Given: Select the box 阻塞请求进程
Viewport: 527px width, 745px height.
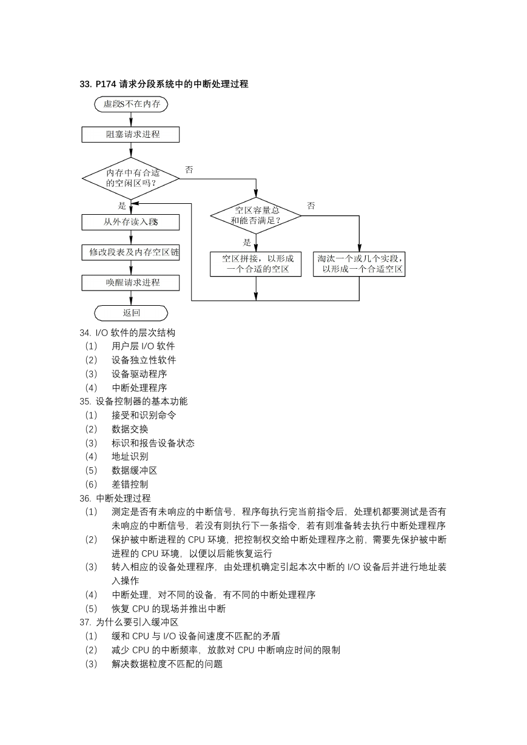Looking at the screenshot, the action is (x=130, y=134).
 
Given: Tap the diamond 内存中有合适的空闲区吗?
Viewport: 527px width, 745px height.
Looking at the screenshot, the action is (x=130, y=178).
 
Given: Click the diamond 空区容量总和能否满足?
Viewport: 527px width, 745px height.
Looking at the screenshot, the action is (x=256, y=215).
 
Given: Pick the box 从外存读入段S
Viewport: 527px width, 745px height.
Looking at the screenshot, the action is (x=130, y=222).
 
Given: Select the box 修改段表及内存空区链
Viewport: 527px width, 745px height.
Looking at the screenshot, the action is (x=130, y=252).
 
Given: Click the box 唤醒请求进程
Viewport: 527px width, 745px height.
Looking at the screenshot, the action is (x=130, y=283).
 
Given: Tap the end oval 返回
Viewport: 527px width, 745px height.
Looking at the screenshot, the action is (x=131, y=313).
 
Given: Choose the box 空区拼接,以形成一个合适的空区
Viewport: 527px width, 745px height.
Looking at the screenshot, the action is (x=256, y=264).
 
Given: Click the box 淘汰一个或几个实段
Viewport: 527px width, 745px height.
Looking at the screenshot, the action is (x=359, y=264).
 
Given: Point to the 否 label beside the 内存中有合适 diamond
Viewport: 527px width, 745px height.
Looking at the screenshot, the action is (x=189, y=170).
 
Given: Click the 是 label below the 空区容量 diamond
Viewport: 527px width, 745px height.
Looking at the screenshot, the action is (x=247, y=242).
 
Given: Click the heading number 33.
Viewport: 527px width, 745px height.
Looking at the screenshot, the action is (x=86, y=84).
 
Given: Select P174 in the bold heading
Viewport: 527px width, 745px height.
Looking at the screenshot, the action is (x=106, y=84).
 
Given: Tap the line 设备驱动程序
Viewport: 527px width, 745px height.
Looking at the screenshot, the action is (x=139, y=374).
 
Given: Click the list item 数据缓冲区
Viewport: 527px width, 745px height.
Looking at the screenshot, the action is (x=134, y=470).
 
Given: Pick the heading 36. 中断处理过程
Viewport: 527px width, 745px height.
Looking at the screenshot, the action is (x=115, y=498).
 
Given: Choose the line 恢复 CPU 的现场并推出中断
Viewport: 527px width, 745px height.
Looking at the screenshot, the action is (x=169, y=608).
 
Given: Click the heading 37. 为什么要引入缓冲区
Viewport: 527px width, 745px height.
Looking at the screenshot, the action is (x=129, y=622).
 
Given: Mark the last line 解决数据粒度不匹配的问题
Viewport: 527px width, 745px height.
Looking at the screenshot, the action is (x=167, y=664).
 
